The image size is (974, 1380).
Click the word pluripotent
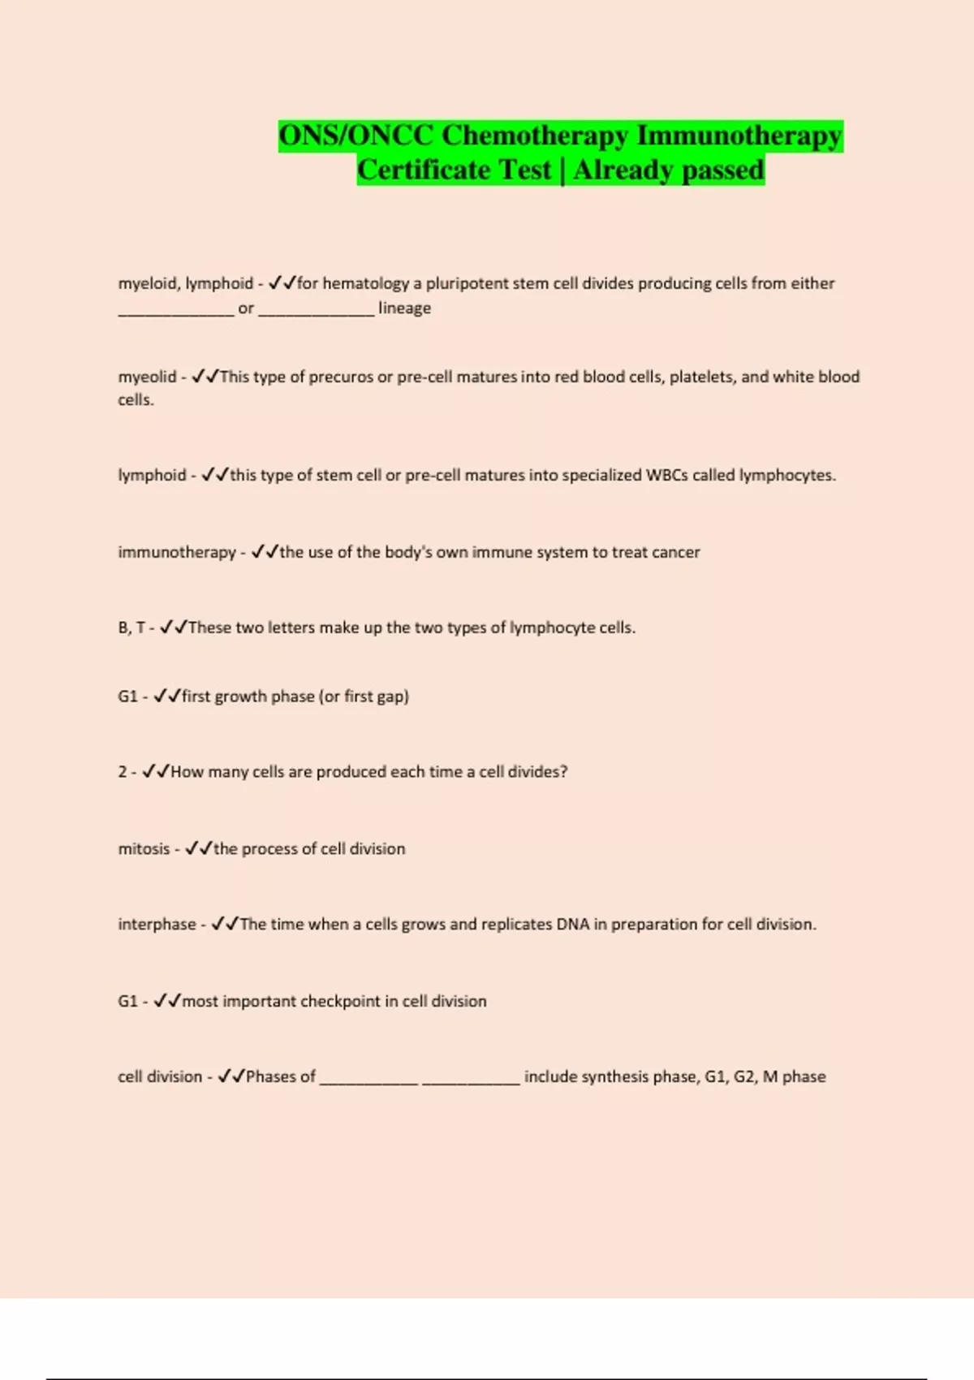click(x=467, y=283)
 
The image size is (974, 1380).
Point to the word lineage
click(x=404, y=308)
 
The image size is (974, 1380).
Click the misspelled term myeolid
click(x=147, y=377)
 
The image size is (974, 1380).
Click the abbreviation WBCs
click(x=666, y=475)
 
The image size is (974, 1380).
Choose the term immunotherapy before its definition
click(x=176, y=552)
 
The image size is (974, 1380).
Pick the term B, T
click(x=131, y=627)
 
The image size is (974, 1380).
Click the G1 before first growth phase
click(x=127, y=696)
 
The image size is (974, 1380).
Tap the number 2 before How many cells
click(x=122, y=772)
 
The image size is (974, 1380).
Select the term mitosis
click(x=144, y=849)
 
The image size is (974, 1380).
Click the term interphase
click(x=157, y=925)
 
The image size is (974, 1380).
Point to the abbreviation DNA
click(x=572, y=925)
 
